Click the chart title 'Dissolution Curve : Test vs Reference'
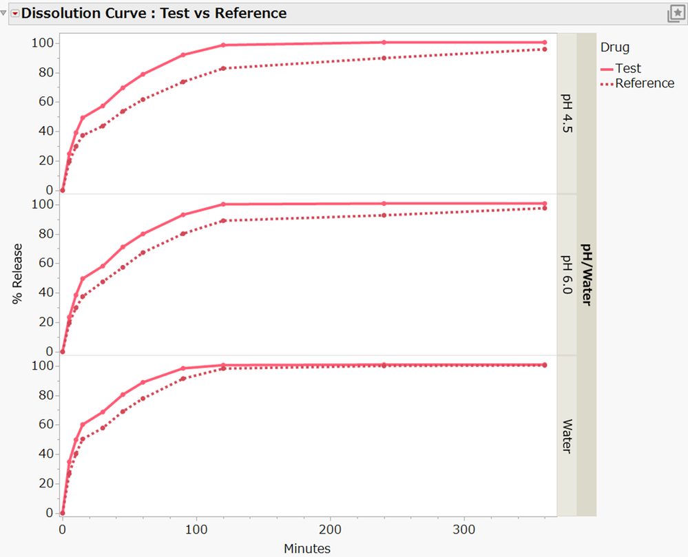[x=154, y=13]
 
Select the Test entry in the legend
[x=627, y=68]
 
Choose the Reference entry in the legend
[x=644, y=83]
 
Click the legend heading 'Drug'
[x=614, y=48]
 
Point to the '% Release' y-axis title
[x=17, y=273]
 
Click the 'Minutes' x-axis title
[x=306, y=548]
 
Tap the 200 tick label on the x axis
[x=331, y=531]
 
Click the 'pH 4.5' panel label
[x=567, y=114]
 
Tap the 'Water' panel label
[x=567, y=436]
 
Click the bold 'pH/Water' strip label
[x=587, y=274]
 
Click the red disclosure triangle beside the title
[x=14, y=13]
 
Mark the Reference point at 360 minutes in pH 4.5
[x=545, y=49]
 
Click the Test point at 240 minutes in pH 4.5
[x=384, y=42]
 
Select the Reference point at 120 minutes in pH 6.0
[x=223, y=220]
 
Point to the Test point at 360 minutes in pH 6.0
[x=545, y=203]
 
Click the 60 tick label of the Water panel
[x=45, y=424]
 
